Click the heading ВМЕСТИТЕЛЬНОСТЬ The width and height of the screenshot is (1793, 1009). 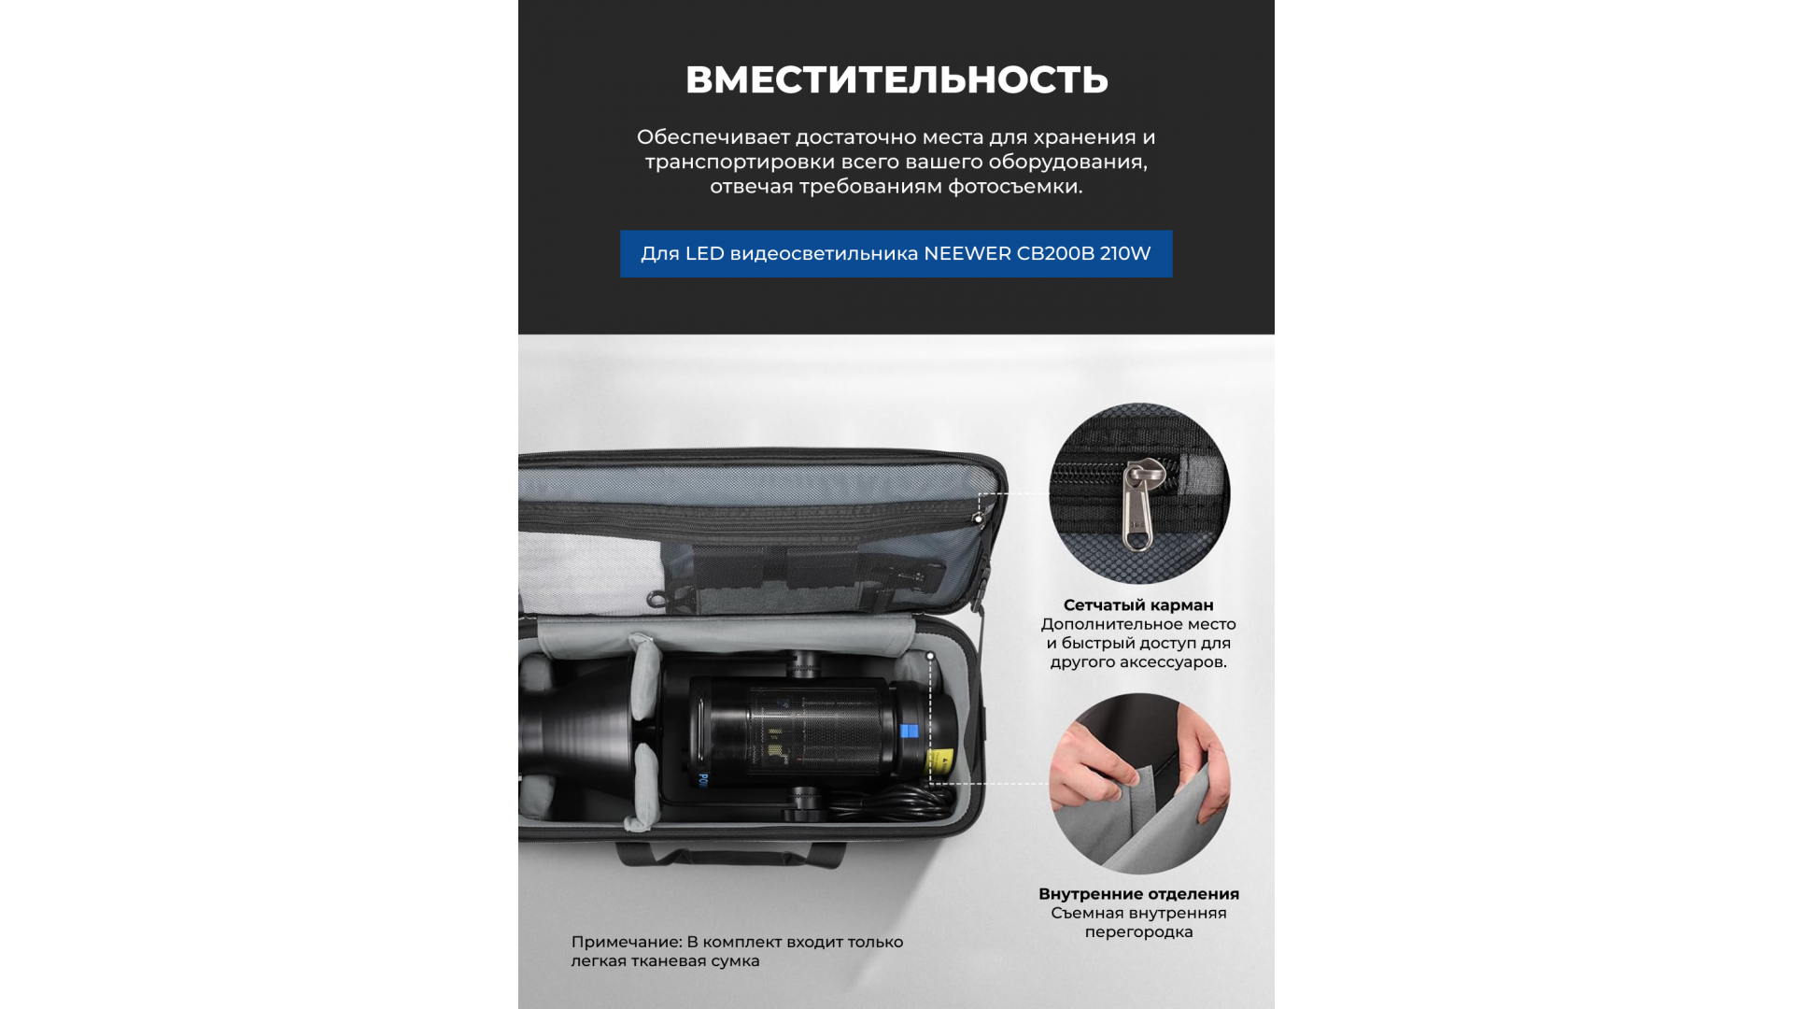tap(896, 79)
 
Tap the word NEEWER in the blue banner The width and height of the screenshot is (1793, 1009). tap(967, 253)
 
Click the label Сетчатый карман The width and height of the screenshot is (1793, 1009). tap(1138, 605)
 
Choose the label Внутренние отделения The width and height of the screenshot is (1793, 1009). tap(1138, 894)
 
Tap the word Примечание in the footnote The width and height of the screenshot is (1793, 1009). tap(626, 942)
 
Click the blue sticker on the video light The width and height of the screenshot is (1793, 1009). tap(909, 732)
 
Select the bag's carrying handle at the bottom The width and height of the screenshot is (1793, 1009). tap(730, 854)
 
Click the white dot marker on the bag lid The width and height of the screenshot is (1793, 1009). tap(979, 519)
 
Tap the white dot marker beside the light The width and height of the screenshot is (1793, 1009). tap(930, 657)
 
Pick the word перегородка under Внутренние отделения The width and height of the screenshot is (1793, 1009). tap(1138, 932)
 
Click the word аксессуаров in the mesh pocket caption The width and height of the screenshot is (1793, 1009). tap(1165, 662)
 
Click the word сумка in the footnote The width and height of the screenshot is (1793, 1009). tap(736, 961)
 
